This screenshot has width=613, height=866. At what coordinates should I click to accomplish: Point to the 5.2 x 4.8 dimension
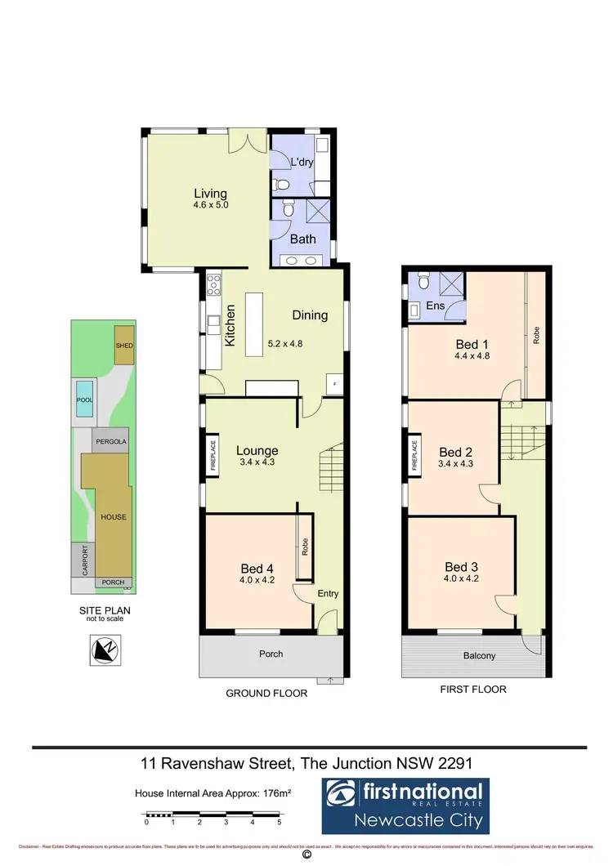click(285, 344)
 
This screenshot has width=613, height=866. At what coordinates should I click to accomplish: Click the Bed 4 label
click(257, 569)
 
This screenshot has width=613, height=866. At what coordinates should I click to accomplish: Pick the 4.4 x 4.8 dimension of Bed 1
click(471, 355)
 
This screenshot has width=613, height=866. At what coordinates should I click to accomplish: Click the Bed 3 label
click(462, 567)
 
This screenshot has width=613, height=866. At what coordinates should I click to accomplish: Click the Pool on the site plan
click(84, 400)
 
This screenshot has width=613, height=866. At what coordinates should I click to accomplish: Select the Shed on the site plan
click(124, 346)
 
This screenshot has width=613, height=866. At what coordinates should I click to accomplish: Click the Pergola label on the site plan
click(110, 440)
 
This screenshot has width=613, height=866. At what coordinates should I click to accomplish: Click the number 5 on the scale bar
click(280, 822)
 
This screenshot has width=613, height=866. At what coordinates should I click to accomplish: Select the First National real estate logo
click(404, 805)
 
